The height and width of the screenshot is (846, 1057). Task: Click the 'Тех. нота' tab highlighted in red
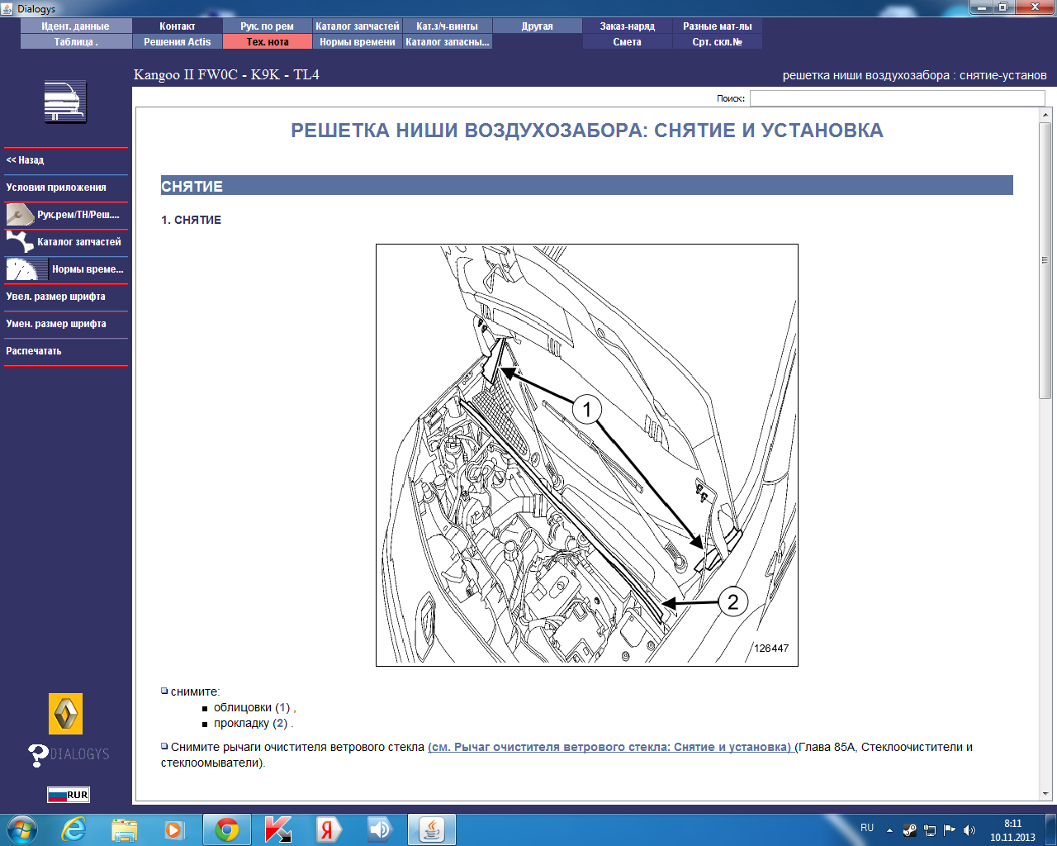268,42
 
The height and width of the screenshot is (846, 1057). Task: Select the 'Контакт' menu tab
177,26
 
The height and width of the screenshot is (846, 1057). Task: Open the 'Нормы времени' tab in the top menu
357,42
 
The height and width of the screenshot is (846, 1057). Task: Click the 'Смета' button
627,42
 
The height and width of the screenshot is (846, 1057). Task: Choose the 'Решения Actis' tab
177,42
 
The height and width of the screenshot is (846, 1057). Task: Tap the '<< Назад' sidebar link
25,160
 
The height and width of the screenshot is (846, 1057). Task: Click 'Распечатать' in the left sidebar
33,351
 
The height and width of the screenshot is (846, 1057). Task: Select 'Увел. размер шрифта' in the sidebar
55,297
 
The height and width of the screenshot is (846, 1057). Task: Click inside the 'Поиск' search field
897,98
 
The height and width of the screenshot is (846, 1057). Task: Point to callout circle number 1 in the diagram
586,409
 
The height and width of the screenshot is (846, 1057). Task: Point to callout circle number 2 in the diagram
732,601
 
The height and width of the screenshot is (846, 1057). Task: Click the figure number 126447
771,648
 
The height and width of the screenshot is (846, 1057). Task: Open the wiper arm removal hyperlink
609,747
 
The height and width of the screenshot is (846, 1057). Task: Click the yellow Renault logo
65,713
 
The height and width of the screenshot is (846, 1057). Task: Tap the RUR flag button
69,795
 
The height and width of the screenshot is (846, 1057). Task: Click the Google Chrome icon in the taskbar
226,829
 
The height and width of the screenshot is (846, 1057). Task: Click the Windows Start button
22,830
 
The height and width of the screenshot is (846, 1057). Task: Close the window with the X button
1035,7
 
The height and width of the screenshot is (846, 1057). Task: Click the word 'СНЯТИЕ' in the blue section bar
192,187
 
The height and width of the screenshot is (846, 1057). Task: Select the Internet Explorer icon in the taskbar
73,829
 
